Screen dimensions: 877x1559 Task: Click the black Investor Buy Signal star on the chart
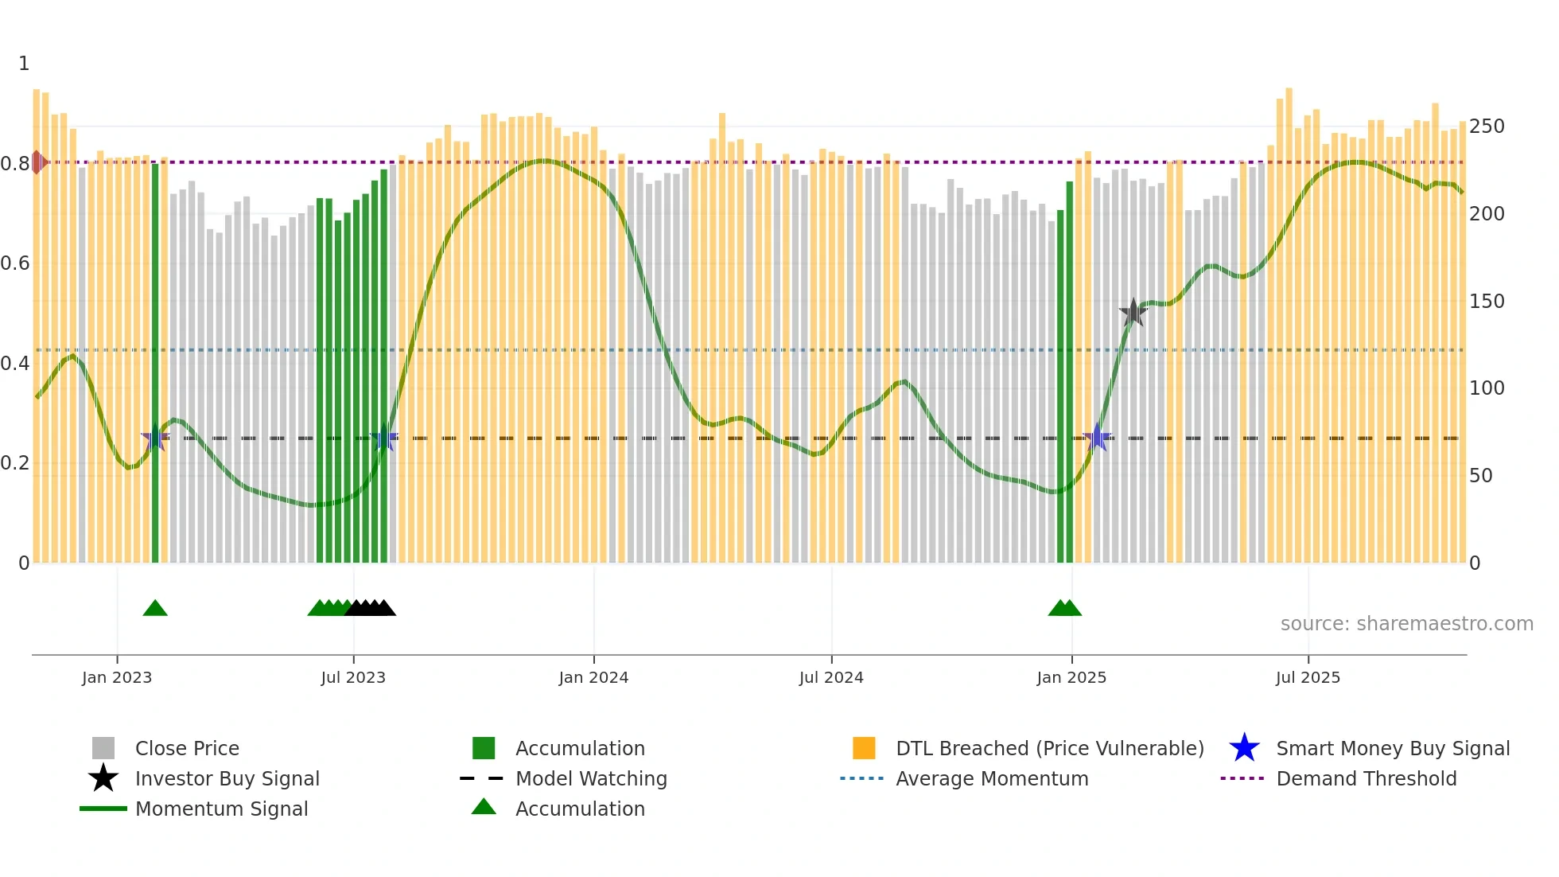point(1133,312)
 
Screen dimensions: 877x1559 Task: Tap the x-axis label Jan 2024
point(593,677)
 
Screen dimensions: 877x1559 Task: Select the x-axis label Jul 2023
point(353,677)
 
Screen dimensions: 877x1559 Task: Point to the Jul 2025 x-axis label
point(1308,677)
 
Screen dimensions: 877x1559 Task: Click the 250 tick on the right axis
point(1487,127)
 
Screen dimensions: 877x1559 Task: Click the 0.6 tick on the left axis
point(15,263)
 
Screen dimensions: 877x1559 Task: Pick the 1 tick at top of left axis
point(24,64)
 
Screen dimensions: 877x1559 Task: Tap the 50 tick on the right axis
point(1481,476)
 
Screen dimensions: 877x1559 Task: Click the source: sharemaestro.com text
point(1406,624)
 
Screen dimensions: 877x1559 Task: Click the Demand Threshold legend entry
point(1366,778)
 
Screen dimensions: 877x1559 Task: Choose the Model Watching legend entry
point(590,778)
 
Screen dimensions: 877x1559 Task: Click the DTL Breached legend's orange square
point(864,748)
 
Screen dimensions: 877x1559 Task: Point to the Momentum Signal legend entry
point(221,809)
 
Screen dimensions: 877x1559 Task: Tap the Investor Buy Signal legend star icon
point(103,778)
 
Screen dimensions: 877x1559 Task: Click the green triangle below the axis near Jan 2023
point(155,609)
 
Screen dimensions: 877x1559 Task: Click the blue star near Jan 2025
point(1097,438)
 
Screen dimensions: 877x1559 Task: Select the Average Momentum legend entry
point(991,778)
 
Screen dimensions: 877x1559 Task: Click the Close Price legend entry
point(187,748)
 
